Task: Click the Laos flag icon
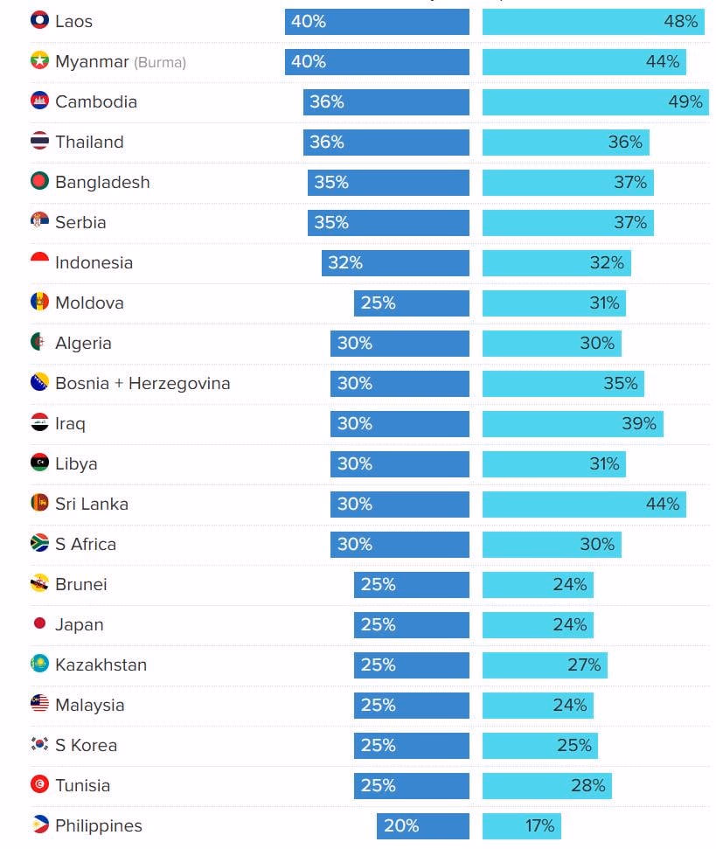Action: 39,20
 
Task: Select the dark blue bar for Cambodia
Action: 386,101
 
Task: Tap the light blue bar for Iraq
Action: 573,423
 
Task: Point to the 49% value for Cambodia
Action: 685,101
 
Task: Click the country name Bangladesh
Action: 102,182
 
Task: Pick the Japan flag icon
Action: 39,623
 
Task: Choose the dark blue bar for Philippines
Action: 423,825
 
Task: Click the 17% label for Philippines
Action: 540,825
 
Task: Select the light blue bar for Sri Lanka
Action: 584,504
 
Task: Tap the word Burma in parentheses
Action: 160,62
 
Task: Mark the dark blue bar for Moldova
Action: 412,303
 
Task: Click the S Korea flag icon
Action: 39,744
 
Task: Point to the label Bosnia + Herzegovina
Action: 143,383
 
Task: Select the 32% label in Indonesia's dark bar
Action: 344,262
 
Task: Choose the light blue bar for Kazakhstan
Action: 545,665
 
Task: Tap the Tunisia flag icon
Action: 39,784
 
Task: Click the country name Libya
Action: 76,463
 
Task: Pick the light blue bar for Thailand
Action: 566,142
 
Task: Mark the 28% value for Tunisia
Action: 587,785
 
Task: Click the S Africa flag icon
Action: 39,543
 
